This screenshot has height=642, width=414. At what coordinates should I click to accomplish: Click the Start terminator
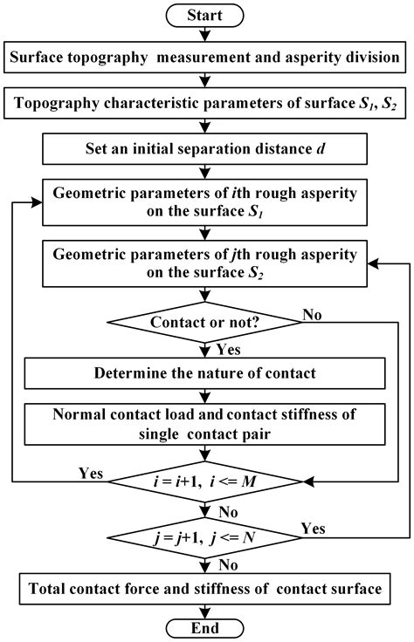tap(207, 14)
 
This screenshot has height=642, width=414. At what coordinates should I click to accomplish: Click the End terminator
tap(207, 627)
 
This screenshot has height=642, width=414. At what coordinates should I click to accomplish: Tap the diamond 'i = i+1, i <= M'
tap(207, 481)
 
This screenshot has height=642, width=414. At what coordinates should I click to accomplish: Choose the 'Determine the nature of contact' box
tap(207, 374)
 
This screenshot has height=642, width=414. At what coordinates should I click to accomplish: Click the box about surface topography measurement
tap(207, 59)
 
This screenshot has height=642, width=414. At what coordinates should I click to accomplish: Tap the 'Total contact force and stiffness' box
tap(207, 589)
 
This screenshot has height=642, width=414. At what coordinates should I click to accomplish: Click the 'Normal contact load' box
tap(207, 424)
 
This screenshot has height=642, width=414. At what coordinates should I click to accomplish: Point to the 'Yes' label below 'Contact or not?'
tap(224, 351)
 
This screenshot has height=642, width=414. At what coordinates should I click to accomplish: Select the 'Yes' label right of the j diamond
tap(313, 528)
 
